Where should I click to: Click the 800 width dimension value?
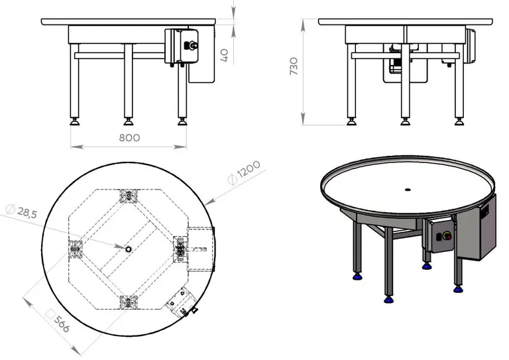(130, 138)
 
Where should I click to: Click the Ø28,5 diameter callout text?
(23, 213)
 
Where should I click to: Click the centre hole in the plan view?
(128, 249)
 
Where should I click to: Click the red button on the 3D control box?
(445, 234)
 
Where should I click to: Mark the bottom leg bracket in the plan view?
(128, 302)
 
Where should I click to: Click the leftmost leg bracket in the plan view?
(74, 249)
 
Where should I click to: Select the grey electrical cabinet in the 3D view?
(477, 229)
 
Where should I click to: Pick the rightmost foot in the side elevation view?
(459, 122)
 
